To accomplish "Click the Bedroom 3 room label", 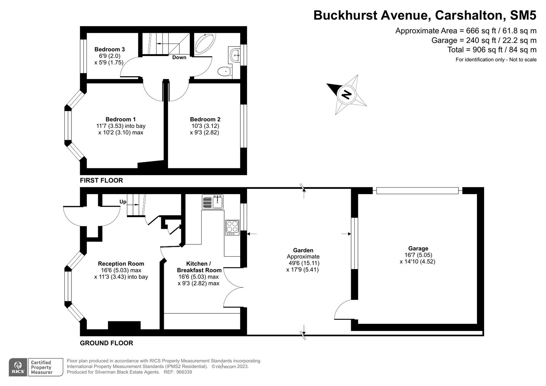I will [x=109, y=49].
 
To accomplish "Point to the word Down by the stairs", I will [x=179, y=57].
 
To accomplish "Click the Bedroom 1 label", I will [x=120, y=119].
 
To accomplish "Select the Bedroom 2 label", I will [x=205, y=119].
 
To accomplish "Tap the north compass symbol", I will [x=346, y=95].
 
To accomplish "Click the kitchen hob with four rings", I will [x=232, y=227].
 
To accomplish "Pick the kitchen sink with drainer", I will [x=213, y=202].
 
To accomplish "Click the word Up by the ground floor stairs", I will [x=123, y=202].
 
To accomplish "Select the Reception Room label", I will [x=121, y=264].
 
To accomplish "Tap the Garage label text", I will [x=418, y=248].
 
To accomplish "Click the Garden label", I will [x=303, y=251].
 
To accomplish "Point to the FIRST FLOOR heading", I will [x=101, y=180].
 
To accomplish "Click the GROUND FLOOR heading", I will [x=106, y=343].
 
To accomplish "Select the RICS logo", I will [x=18, y=367].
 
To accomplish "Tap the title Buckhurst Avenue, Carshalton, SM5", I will [x=425, y=15].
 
